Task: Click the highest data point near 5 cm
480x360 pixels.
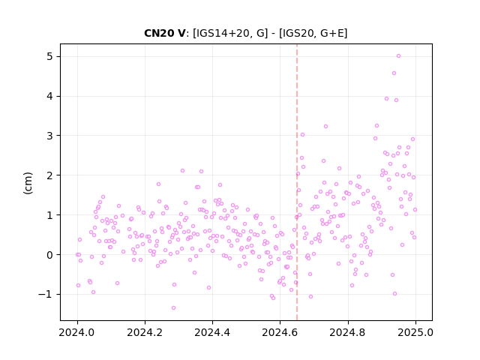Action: (x=398, y=56)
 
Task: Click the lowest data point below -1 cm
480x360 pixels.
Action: (x=173, y=307)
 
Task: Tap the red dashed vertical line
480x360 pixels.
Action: (x=297, y=182)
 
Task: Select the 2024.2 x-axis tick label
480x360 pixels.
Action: (x=145, y=332)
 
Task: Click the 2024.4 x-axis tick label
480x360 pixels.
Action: (x=212, y=332)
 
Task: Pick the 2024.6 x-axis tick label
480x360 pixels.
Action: (x=280, y=332)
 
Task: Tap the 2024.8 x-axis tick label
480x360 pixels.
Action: (x=347, y=332)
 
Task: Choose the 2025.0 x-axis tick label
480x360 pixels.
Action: (x=415, y=332)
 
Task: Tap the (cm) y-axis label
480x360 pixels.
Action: (x=28, y=183)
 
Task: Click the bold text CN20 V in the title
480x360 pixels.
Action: (x=164, y=33)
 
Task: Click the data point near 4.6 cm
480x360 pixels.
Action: (x=394, y=73)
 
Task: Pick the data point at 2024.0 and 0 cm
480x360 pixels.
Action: (x=77, y=255)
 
